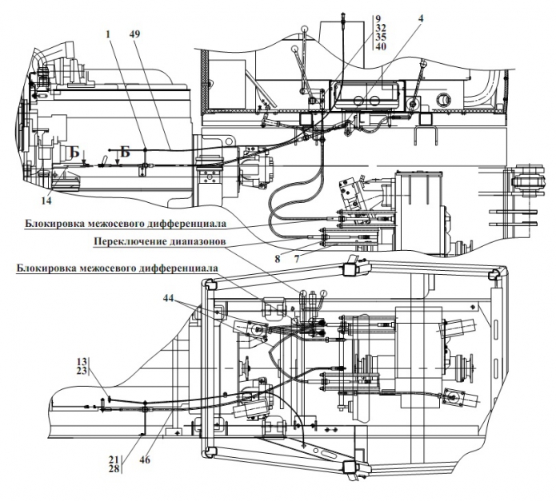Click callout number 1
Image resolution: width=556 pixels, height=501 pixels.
click(108, 34)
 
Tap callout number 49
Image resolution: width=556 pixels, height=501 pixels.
click(135, 34)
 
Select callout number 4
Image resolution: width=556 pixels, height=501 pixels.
click(421, 18)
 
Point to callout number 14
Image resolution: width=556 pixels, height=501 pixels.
click(46, 201)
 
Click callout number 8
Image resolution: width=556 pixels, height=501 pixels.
click(278, 259)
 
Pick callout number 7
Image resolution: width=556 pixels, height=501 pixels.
click(297, 259)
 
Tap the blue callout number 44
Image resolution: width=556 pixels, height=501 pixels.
click(169, 299)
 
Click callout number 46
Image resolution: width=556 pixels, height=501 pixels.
click(145, 459)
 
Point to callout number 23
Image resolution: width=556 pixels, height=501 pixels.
click(82, 371)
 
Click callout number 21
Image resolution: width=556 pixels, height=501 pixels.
click(114, 459)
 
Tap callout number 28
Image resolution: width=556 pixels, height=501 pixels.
click(114, 468)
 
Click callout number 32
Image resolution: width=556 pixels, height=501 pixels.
click(381, 28)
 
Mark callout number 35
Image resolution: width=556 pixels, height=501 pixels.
click(381, 37)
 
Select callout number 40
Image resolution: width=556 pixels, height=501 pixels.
click(381, 46)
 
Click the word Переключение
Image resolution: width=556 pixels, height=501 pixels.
click(130, 241)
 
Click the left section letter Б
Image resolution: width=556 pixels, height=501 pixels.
click(74, 153)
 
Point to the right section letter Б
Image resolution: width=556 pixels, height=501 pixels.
click(125, 152)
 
